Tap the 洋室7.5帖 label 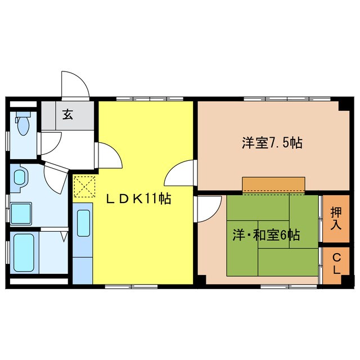point(272,143)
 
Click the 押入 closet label point(335,219)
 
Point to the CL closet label point(336,263)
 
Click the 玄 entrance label point(67,115)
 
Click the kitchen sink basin point(83,224)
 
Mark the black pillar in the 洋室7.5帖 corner point(344,106)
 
